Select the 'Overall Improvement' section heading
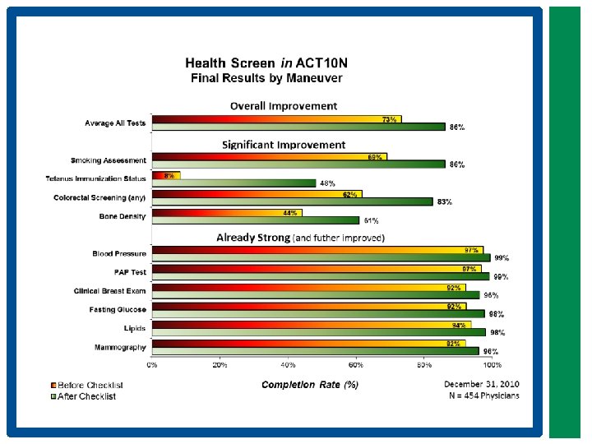pos(283,106)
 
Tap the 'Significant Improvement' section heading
pos(284,145)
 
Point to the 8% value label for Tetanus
pos(169,175)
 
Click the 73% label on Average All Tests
pos(390,119)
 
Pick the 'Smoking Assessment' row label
pos(109,160)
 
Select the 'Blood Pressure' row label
pos(119,254)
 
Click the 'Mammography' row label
pos(122,347)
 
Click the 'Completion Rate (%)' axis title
pos(309,384)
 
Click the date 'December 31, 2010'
pos(482,384)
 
